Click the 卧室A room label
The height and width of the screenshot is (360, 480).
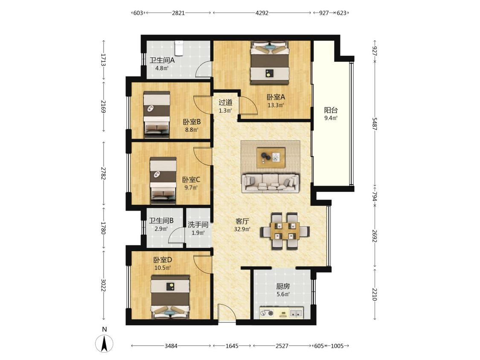tap(276, 97)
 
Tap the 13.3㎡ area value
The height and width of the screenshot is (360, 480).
tap(276, 106)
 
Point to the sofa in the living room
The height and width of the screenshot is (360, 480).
tap(271, 183)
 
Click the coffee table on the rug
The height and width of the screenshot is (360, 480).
tap(271, 158)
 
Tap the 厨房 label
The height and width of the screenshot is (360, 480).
tap(283, 287)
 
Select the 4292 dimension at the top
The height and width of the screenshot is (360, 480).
tap(262, 13)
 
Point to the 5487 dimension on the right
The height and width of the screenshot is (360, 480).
tap(374, 123)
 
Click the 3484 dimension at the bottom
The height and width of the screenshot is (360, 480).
tap(171, 346)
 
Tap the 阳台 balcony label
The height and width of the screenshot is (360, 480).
tap(331, 110)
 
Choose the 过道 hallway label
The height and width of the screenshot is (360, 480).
tap(225, 103)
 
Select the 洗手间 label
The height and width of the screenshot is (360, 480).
tap(198, 225)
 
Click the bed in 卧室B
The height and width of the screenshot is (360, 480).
tap(157, 114)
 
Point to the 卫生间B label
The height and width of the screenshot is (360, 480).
tap(161, 221)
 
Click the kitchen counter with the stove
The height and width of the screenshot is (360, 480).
tap(282, 313)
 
